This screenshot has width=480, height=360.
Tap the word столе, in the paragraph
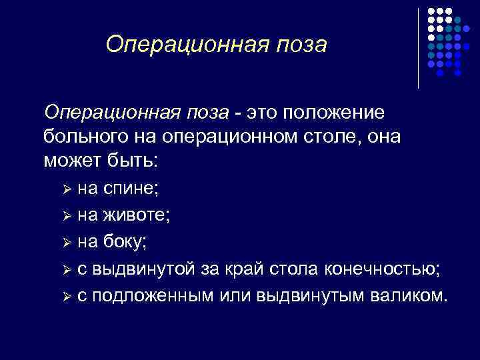(332, 136)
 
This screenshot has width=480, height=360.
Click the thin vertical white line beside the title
(418, 48)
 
